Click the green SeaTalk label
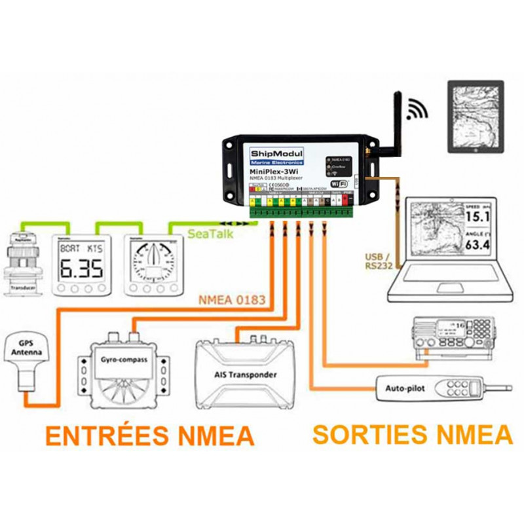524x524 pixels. coord(210,233)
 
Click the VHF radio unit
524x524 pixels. coord(453,335)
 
